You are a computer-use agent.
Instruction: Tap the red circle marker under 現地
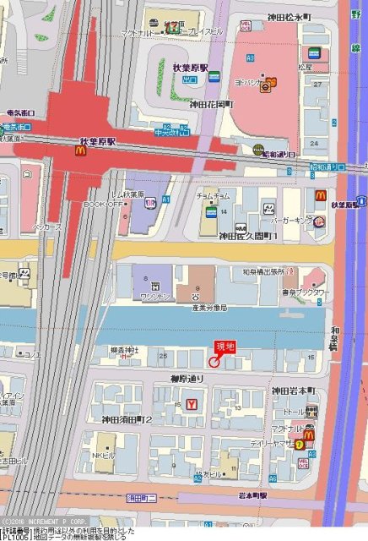pos(214,363)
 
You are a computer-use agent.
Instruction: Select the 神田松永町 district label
pos(290,17)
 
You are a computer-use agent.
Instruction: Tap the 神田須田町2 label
pos(127,419)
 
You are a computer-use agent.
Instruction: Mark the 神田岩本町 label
pos(293,391)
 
